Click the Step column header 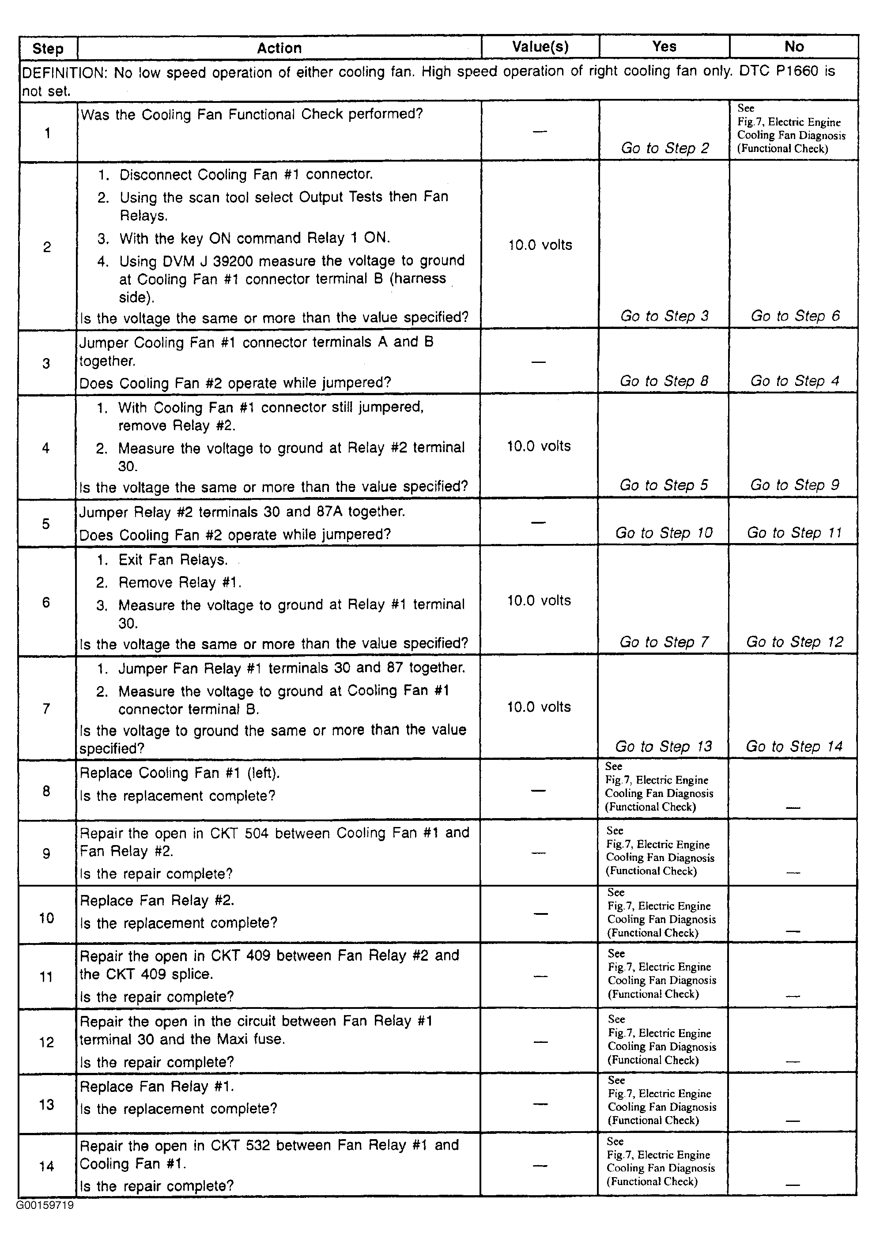click(x=48, y=48)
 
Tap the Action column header click(x=279, y=48)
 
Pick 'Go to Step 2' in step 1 click(x=665, y=148)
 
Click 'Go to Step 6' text click(x=795, y=316)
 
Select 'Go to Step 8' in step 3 click(x=664, y=381)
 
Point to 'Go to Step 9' click(x=794, y=485)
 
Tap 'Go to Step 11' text click(x=794, y=533)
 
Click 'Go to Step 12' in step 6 click(x=794, y=642)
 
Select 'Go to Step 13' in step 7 click(x=663, y=747)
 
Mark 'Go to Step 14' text click(x=794, y=747)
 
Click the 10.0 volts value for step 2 click(x=540, y=245)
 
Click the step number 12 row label click(x=46, y=1042)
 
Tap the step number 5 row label click(x=46, y=524)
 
